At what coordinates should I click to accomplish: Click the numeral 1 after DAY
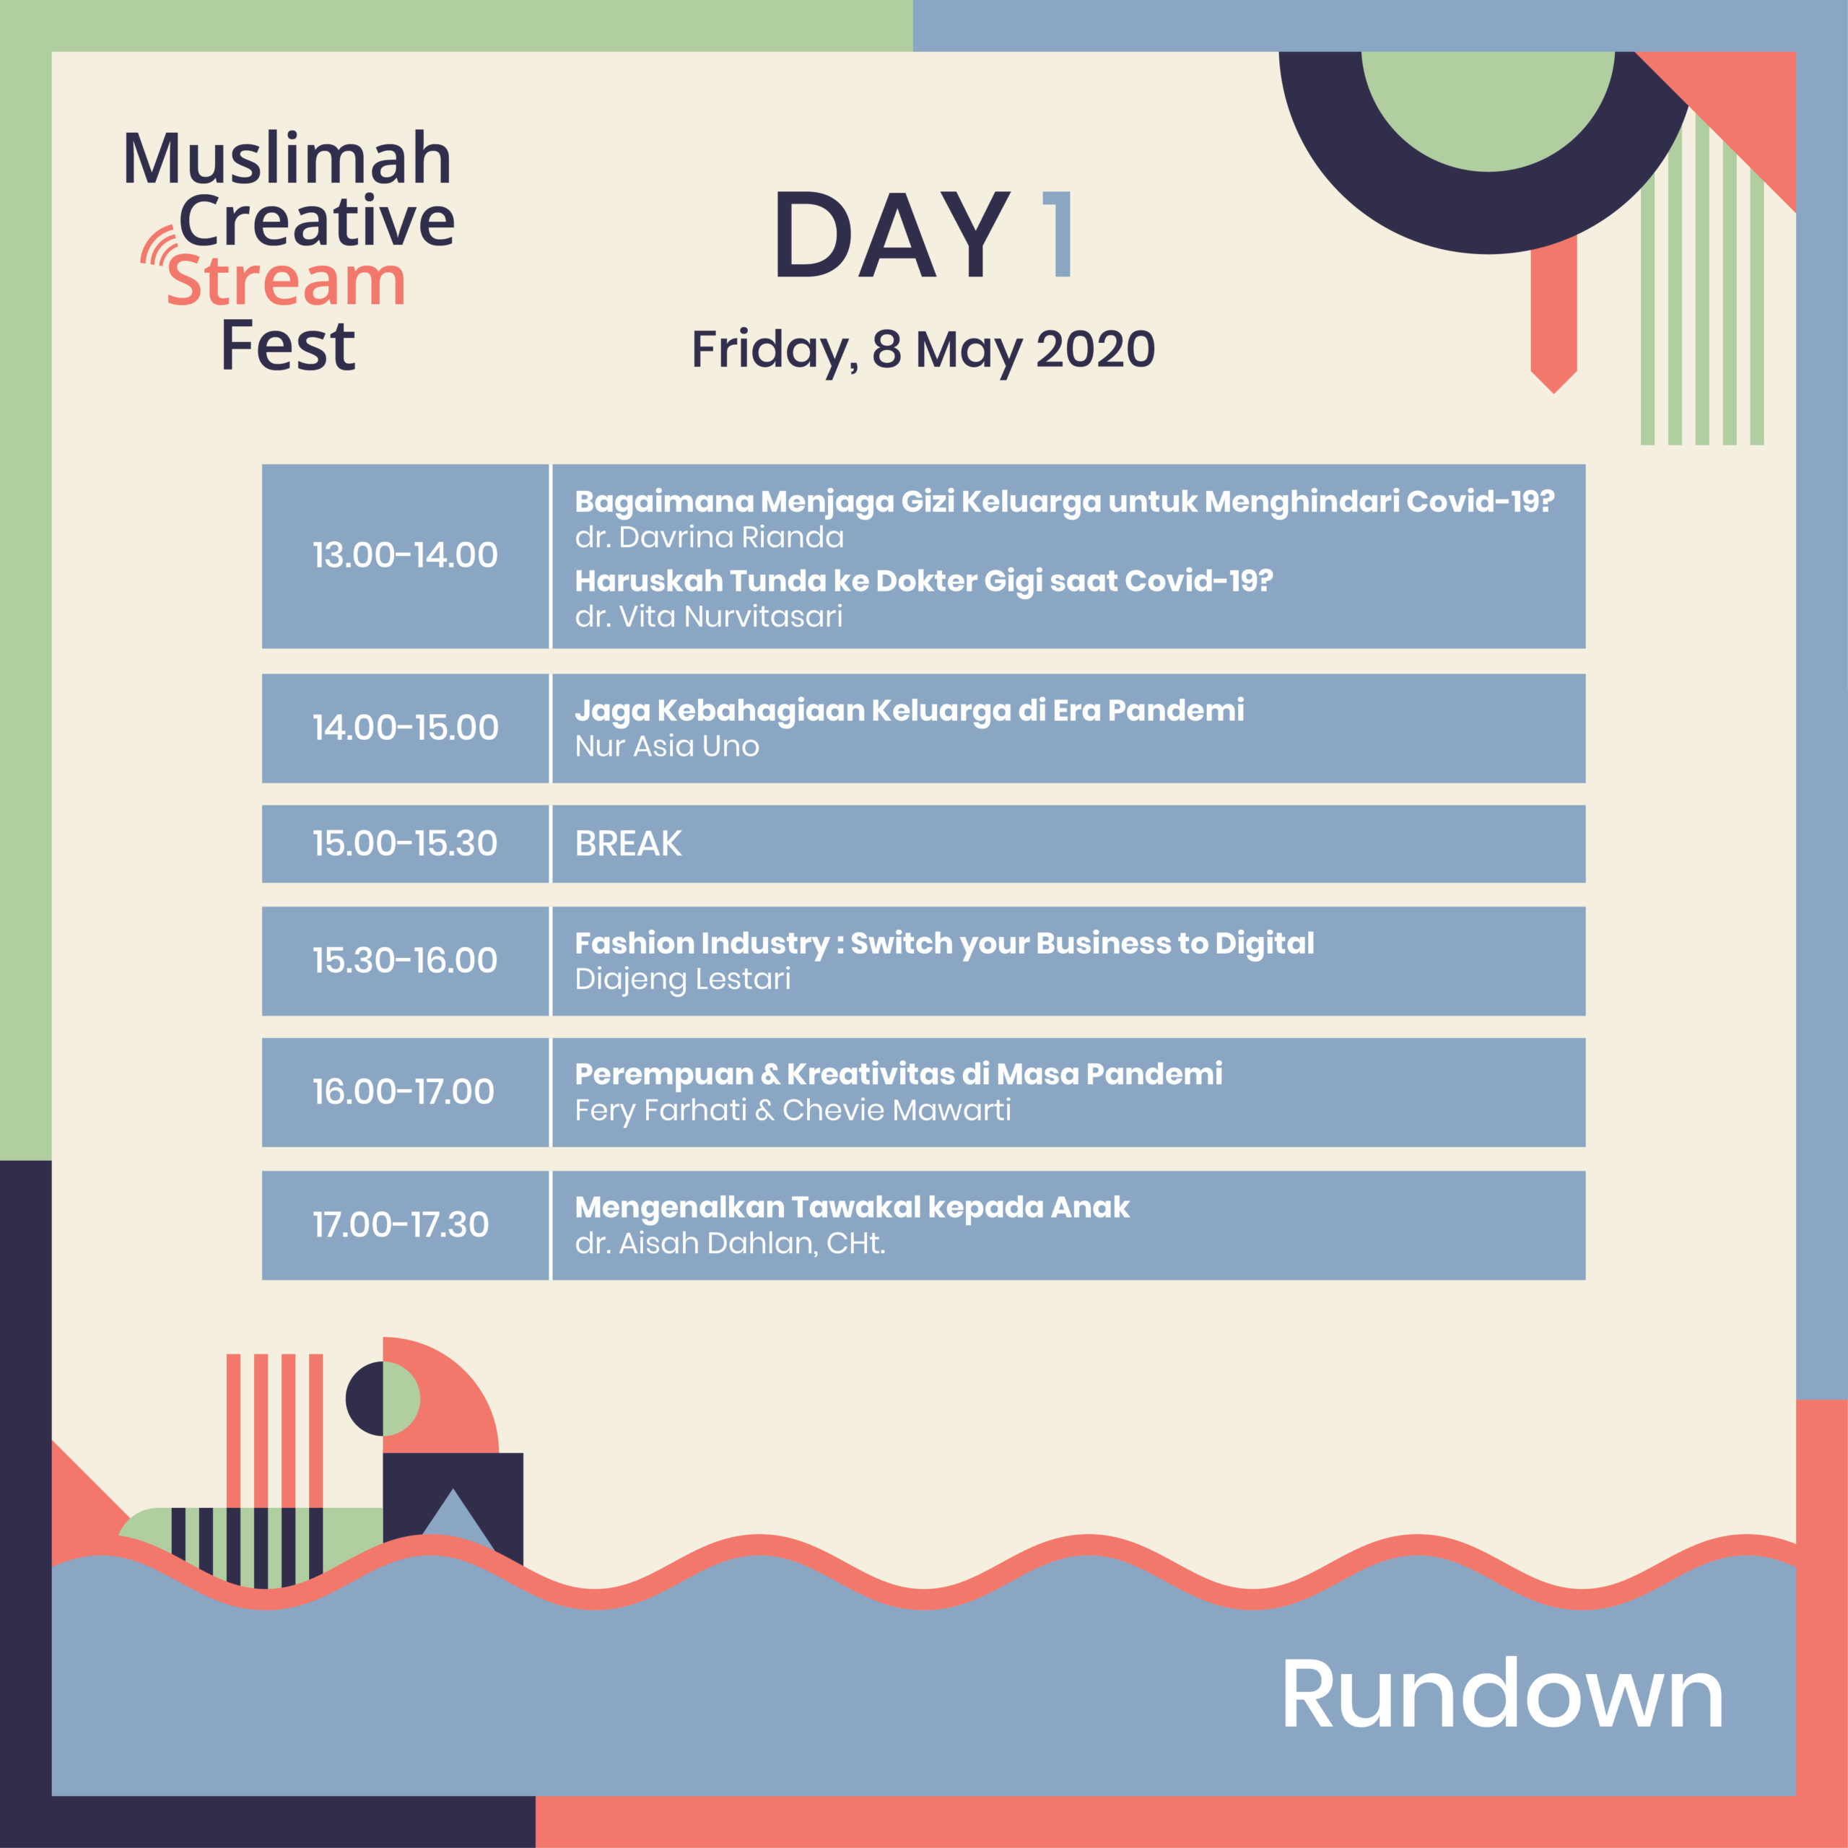tap(1058, 235)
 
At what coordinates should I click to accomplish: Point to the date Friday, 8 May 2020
tap(923, 351)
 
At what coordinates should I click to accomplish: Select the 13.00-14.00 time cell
tap(406, 556)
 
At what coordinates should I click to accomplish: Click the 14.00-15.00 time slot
tap(406, 728)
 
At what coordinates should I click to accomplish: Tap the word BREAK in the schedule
tap(629, 844)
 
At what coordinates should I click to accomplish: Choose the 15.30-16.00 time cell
tap(406, 960)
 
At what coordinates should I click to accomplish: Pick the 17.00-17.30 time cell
tap(406, 1225)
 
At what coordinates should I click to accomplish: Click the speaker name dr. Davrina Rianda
tap(710, 538)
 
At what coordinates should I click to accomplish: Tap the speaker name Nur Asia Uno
tap(667, 746)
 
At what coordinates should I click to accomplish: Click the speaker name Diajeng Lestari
tap(683, 980)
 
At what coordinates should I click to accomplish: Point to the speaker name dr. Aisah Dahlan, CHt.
tap(730, 1244)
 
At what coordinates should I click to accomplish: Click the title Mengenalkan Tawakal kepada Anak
tap(853, 1207)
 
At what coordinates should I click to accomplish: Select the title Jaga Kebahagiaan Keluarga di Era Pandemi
tap(910, 711)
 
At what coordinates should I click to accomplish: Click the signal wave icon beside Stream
tap(160, 246)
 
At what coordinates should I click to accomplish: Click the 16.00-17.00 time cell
tap(406, 1092)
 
